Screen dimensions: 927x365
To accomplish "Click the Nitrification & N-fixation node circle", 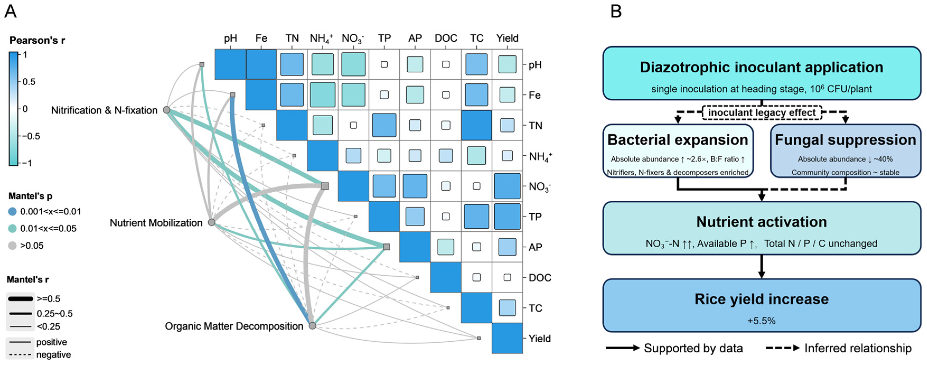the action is tap(166, 110).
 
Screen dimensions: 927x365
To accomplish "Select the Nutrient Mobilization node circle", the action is tap(212, 222).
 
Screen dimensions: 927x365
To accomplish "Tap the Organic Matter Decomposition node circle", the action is tap(312, 325).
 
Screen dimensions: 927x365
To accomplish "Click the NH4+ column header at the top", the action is tap(321, 38).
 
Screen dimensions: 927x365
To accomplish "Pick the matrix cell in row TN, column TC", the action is tap(476, 125).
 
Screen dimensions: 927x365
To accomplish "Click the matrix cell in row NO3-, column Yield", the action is tap(507, 186).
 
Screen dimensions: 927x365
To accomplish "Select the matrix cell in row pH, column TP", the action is tap(384, 64).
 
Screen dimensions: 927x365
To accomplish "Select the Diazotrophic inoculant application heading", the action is tap(762, 67).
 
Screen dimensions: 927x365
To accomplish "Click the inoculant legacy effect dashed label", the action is tap(762, 113).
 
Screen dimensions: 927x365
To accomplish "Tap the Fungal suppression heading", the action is tap(845, 140).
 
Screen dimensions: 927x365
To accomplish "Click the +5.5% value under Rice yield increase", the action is tap(762, 320).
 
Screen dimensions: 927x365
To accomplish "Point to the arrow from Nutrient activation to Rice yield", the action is tap(762, 266).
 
